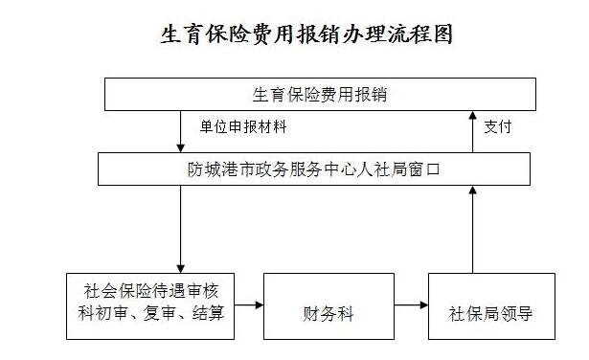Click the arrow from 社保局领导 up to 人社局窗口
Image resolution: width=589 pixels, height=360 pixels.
pos(471,230)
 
